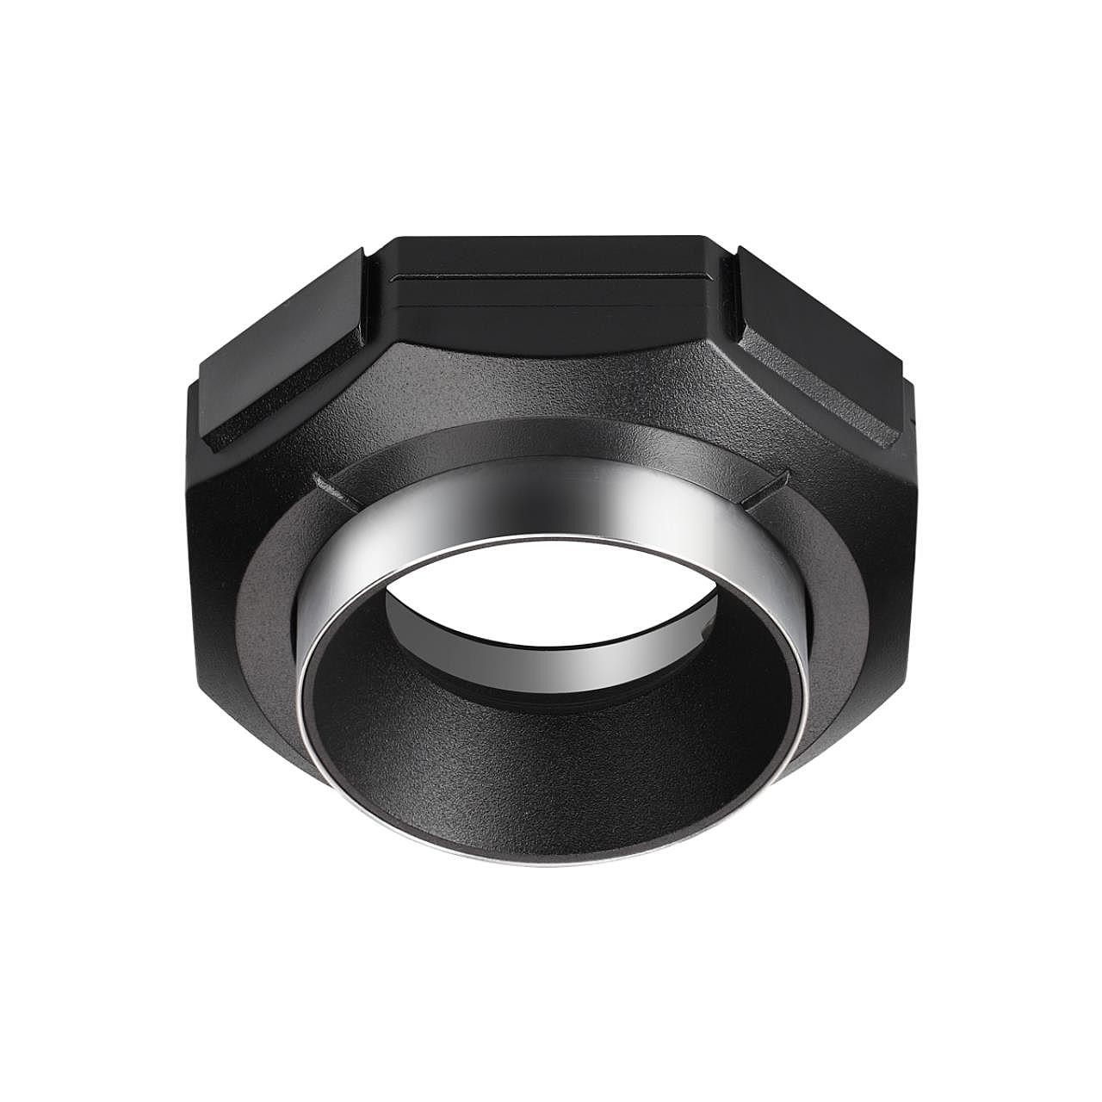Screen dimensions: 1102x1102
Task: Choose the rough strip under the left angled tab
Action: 258,413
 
